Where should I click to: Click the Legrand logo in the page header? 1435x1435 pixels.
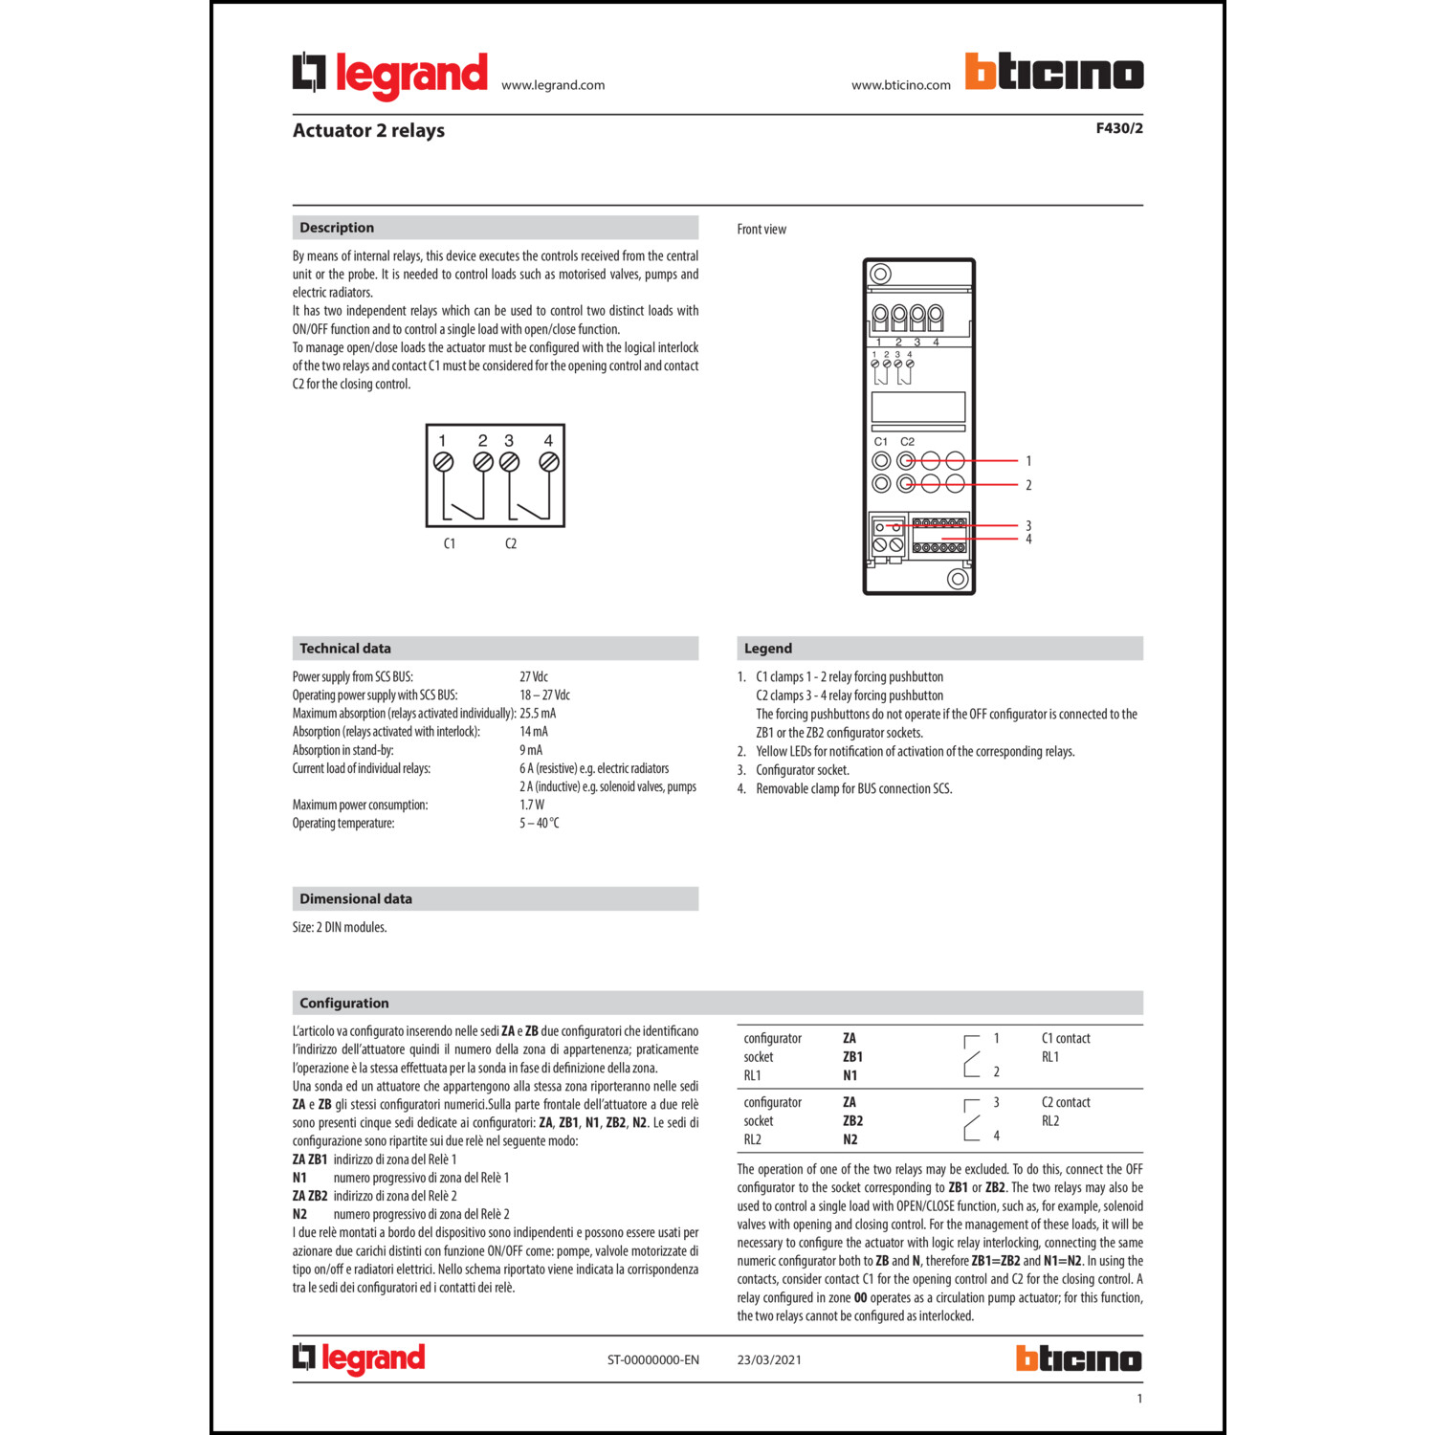(390, 75)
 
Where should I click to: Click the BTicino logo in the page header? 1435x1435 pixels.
(1053, 73)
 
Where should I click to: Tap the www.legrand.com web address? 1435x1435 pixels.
(553, 85)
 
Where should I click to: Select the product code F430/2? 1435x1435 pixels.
(1119, 128)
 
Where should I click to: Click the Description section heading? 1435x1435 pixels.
(337, 228)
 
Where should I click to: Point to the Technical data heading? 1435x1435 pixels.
(345, 649)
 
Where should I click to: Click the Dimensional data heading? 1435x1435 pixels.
(356, 899)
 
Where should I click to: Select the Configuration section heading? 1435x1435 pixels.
(344, 1004)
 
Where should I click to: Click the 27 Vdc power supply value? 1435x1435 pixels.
(534, 677)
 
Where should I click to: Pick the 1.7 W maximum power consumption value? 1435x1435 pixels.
(532, 806)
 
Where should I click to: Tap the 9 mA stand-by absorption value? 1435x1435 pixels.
(531, 751)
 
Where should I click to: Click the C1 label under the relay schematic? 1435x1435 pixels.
(450, 544)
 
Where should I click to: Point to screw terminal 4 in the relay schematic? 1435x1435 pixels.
(549, 462)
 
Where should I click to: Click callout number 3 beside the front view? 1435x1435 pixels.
(1028, 526)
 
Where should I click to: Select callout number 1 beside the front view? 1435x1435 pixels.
(1028, 461)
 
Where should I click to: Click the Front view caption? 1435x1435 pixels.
(762, 230)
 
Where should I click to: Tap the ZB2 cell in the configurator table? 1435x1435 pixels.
(852, 1121)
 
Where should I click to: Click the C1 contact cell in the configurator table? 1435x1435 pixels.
(1066, 1039)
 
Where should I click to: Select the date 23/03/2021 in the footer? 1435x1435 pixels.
(769, 1360)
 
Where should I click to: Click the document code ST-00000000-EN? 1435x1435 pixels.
(653, 1360)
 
